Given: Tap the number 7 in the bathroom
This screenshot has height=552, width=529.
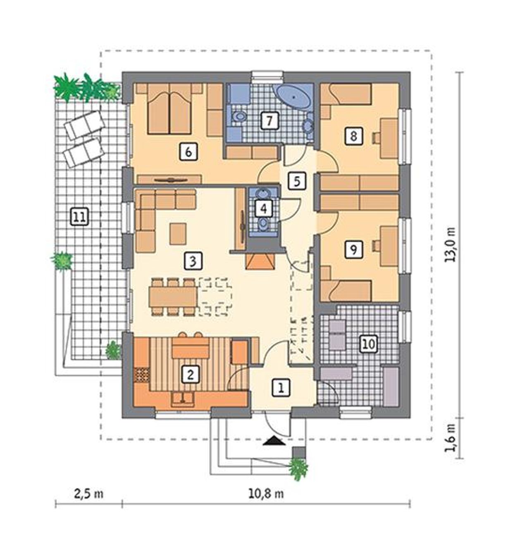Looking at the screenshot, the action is point(269,121).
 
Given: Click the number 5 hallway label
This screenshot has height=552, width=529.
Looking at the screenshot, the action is point(297,181).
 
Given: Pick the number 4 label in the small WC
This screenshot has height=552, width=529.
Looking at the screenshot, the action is point(264,209).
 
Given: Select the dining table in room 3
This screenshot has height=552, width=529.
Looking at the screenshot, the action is point(174,297).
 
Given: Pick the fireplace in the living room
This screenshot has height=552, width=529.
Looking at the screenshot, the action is point(260,261).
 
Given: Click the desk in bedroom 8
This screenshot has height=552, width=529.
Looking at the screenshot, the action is point(389,138).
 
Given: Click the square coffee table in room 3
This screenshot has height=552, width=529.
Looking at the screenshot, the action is point(178,233).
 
